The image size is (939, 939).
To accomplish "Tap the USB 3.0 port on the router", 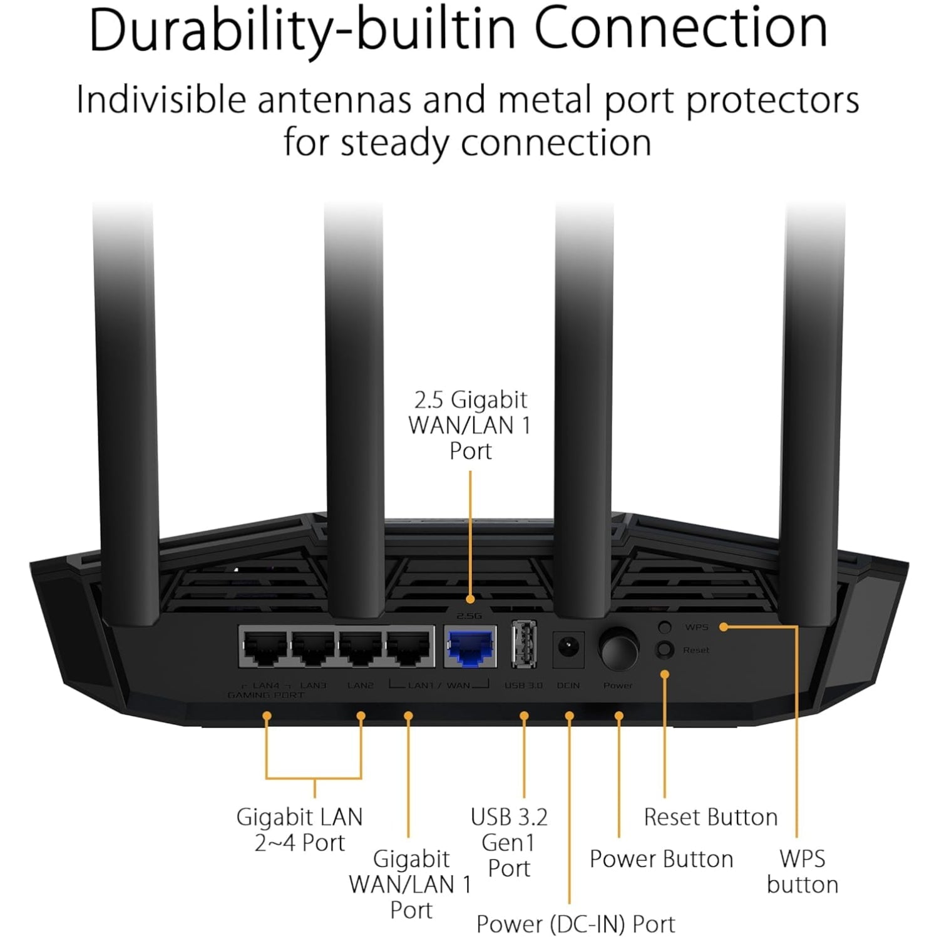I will [524, 645].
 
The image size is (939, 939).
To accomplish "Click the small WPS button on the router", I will [665, 627].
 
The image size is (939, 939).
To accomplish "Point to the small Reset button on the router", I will [665, 650].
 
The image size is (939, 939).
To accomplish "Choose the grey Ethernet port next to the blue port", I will [410, 649].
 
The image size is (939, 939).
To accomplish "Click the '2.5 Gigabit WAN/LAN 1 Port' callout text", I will [469, 425].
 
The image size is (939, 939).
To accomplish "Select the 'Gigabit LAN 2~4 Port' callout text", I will [299, 829].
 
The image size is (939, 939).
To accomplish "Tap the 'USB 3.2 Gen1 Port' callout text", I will [509, 843].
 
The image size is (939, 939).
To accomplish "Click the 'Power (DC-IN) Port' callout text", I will [575, 924].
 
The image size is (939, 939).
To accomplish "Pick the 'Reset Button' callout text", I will [711, 817].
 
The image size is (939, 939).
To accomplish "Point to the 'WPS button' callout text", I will [802, 871].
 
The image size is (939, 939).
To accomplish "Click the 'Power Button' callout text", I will [661, 859].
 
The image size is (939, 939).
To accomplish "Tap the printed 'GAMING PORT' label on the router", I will [266, 695].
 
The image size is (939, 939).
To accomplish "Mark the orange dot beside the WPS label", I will [723, 627].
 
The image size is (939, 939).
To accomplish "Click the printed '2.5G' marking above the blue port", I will [469, 617].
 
